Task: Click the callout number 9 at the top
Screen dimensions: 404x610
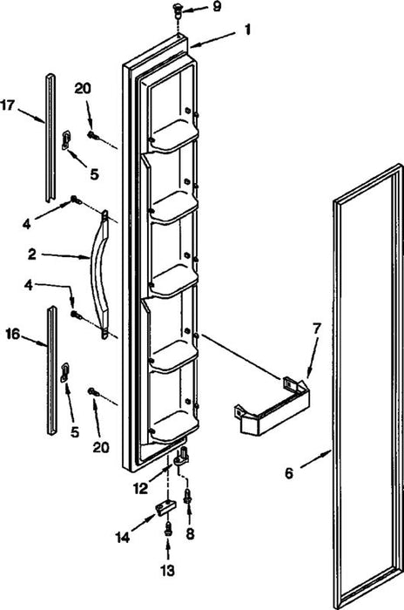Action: (x=217, y=7)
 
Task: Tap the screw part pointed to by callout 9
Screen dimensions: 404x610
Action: (x=178, y=10)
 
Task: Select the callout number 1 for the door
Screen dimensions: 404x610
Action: (x=247, y=30)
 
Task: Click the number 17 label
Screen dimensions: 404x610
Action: (x=7, y=105)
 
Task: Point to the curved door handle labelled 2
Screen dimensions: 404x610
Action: (x=99, y=274)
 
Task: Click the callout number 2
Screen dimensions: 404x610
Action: (x=32, y=254)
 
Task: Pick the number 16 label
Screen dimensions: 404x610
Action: (x=12, y=334)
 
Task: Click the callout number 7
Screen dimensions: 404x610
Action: (x=316, y=329)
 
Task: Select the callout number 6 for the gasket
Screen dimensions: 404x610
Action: (x=289, y=473)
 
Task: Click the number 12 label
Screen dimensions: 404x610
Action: (x=141, y=488)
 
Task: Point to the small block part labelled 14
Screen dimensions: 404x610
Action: (x=165, y=507)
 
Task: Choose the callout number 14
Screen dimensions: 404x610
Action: (x=123, y=538)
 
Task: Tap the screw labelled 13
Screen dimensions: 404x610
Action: (x=168, y=529)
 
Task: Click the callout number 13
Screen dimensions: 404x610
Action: (x=168, y=571)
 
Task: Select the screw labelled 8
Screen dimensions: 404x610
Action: (x=188, y=497)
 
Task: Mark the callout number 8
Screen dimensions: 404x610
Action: (x=190, y=533)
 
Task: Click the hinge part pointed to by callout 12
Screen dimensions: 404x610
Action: (x=181, y=456)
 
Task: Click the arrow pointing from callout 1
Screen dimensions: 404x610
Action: (x=213, y=40)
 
